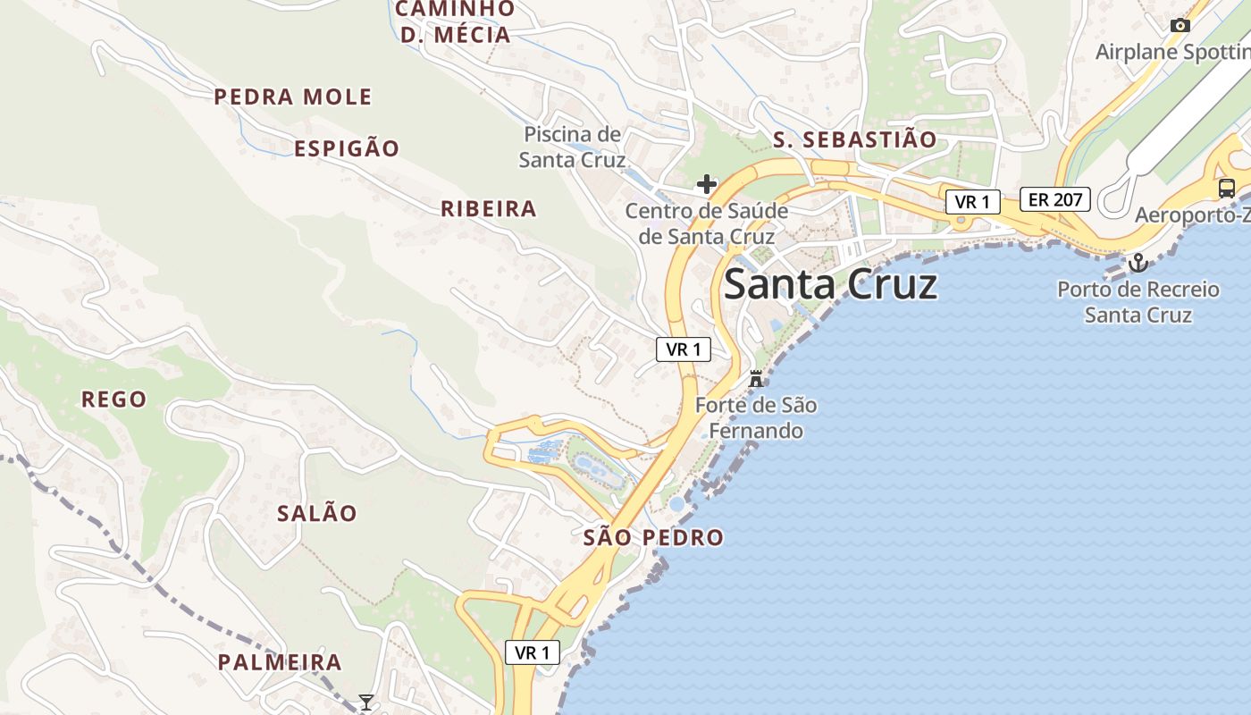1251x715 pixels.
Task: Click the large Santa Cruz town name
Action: [830, 284]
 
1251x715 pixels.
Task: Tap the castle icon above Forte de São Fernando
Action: [756, 378]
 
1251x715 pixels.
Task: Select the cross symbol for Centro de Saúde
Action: [707, 185]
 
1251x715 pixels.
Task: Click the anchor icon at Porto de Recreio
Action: [1138, 263]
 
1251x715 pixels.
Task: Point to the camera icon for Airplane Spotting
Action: [1180, 25]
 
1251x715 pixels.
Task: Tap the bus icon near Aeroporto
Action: [1227, 189]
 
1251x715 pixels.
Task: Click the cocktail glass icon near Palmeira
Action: [365, 702]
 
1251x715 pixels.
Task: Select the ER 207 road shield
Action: [1055, 199]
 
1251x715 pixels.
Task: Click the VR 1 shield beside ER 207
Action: [972, 202]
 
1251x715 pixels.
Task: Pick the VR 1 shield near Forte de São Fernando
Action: [684, 349]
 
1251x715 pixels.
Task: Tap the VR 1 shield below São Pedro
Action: [533, 653]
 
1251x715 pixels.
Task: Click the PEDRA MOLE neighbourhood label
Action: [293, 97]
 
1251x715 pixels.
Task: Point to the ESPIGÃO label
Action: [347, 148]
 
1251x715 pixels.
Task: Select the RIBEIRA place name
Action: [489, 209]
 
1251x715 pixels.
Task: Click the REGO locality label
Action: [114, 400]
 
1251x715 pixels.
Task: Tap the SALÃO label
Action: [317, 514]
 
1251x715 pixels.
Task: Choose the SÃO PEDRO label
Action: [653, 538]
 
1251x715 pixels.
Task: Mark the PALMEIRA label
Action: [281, 662]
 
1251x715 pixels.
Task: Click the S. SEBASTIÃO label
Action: [855, 139]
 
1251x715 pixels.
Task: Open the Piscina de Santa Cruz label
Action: [573, 147]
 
